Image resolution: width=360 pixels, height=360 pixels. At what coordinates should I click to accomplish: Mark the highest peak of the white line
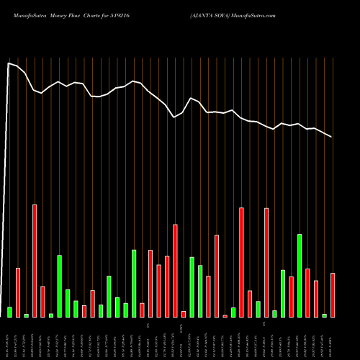point(9,63)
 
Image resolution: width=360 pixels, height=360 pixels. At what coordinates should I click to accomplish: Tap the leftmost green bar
point(9,312)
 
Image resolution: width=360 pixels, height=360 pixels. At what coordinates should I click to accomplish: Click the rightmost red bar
point(333,295)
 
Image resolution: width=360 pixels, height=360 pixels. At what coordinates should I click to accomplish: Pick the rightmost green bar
point(324,315)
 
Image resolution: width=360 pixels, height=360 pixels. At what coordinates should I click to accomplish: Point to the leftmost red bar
point(18,292)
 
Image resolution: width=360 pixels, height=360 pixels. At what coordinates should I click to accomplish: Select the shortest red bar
point(225,316)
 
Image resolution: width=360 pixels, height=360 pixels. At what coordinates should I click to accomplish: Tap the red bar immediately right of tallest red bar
point(42,302)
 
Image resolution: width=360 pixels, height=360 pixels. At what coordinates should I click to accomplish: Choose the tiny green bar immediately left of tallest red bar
point(26,315)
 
